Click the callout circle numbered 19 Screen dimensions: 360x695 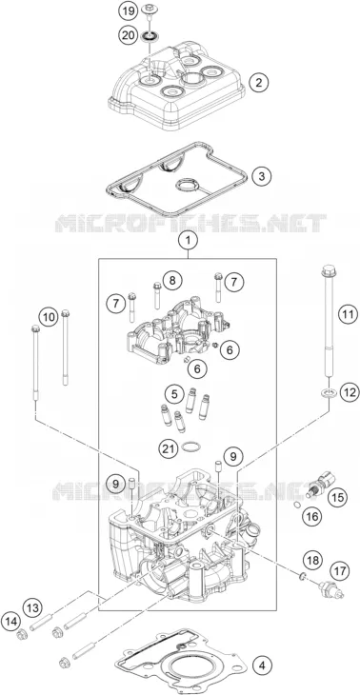tap(129, 10)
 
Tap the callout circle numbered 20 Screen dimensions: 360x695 tap(129, 35)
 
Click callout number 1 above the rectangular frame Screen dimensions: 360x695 tap(189, 242)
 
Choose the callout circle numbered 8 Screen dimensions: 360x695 tap(172, 280)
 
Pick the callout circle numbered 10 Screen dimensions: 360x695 tap(49, 317)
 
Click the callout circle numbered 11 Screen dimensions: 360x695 tap(347, 315)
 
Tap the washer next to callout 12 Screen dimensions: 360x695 tap(329, 392)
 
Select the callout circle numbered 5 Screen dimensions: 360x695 tap(174, 393)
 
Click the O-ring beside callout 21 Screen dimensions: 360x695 tap(190, 447)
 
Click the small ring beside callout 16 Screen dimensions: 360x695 tap(296, 505)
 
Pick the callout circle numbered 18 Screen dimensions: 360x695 tap(313, 560)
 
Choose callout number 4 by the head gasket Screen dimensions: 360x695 tap(262, 665)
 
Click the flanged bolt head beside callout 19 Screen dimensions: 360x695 tap(149, 8)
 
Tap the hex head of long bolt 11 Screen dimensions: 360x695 tap(328, 269)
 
